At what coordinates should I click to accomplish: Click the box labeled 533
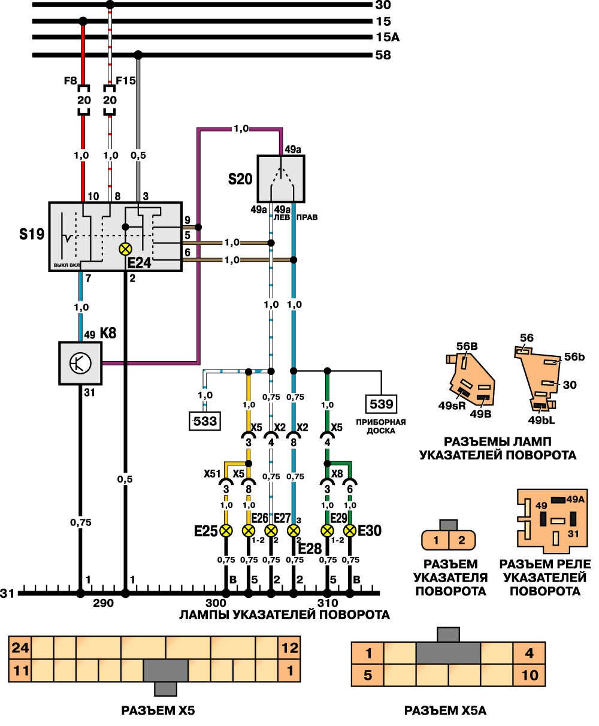204,422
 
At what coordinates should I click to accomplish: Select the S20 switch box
281,179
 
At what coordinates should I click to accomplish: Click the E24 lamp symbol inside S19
126,249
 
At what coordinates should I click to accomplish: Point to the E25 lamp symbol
226,530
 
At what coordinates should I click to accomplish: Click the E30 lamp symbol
350,530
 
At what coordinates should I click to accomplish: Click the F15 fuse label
126,80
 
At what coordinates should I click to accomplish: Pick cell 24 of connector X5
20,648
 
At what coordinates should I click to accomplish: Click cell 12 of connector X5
291,648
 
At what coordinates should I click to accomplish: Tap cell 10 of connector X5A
530,676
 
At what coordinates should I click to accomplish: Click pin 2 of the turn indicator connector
461,540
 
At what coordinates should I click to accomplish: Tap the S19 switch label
31,234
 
